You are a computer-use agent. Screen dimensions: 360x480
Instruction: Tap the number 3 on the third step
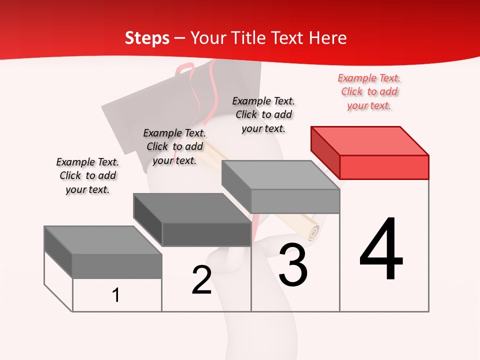293,264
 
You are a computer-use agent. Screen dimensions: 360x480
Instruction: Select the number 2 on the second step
201,280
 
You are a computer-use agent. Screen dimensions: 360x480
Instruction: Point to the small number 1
116,295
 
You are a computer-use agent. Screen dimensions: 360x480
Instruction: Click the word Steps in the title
147,38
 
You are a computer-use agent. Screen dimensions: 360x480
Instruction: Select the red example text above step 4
369,91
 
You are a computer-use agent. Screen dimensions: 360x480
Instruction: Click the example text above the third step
263,114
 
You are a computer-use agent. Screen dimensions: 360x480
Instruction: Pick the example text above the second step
174,146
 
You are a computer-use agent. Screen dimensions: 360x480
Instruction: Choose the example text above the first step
87,175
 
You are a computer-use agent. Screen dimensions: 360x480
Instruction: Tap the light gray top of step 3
280,175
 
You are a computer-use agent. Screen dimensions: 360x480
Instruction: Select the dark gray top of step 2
192,207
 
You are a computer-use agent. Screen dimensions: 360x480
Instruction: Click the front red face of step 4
384,167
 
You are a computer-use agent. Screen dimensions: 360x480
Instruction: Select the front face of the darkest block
206,234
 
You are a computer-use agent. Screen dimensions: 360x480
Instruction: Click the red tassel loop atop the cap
186,69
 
